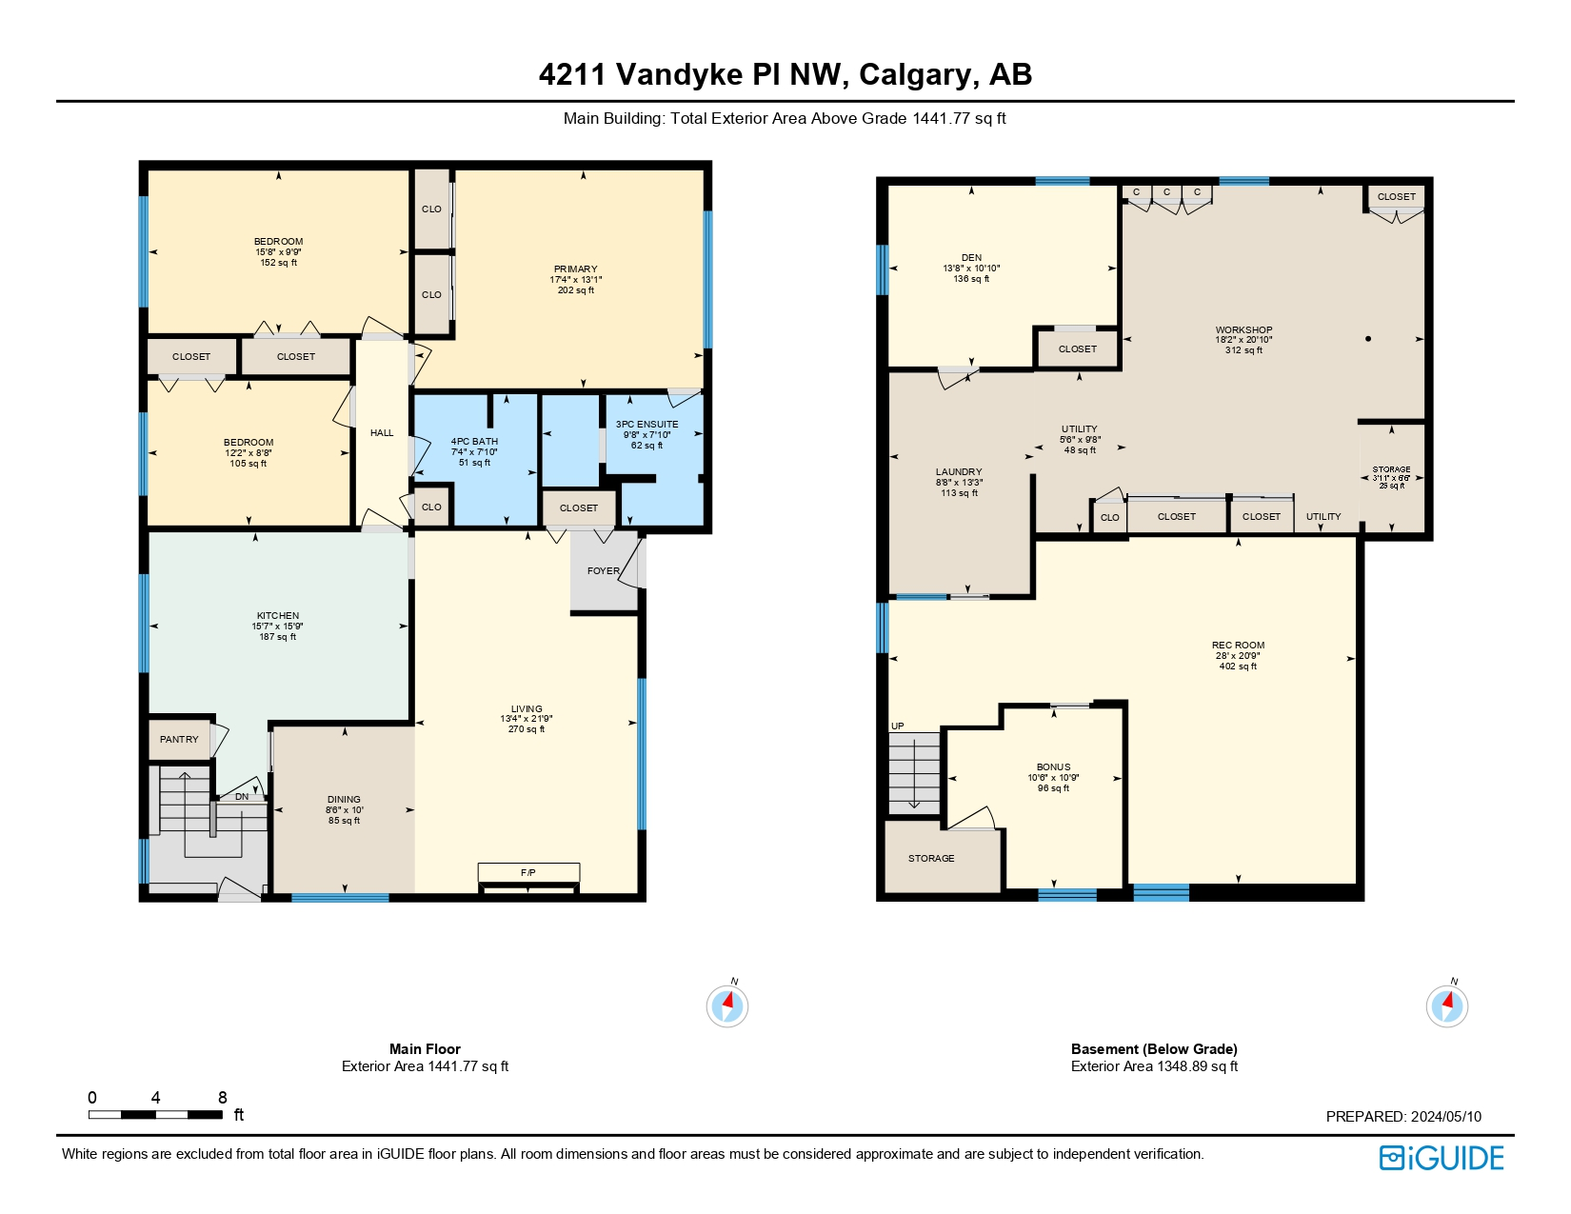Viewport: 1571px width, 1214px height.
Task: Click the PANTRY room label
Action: pos(179,740)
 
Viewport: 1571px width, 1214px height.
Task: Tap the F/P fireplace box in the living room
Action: pos(528,872)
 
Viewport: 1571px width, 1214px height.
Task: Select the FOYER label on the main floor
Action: pos(603,571)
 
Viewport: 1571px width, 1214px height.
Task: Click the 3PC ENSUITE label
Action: pos(646,425)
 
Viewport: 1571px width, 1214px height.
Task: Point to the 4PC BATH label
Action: pos(474,442)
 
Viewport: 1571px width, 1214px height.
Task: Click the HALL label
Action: pos(382,433)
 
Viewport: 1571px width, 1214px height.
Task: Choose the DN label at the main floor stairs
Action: pos(242,797)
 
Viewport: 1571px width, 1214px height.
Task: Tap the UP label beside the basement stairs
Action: pos(897,726)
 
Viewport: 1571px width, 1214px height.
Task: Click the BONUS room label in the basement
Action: pos(1053,767)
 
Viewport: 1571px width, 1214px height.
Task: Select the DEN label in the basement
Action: pos(971,258)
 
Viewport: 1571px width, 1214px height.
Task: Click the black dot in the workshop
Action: pos(1368,339)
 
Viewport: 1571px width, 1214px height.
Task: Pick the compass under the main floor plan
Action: pos(727,1005)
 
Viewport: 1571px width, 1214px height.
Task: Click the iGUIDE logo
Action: pos(1442,1158)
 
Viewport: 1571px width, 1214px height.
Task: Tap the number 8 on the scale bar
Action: pos(223,1098)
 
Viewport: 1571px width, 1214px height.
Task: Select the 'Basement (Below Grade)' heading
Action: pos(1154,1049)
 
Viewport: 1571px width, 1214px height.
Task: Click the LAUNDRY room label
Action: pos(959,472)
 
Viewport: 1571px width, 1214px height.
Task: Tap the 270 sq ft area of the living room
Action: pos(527,729)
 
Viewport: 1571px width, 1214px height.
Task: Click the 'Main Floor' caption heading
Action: pos(425,1049)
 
